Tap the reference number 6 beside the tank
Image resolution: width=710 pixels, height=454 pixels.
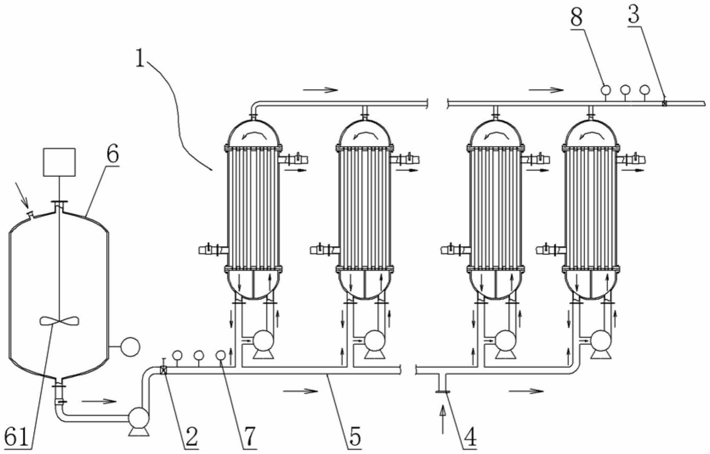pos(112,154)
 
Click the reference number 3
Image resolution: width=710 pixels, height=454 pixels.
pos(634,15)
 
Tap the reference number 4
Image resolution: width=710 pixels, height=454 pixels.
pos(469,437)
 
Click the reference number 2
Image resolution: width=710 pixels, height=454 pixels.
pos(192,437)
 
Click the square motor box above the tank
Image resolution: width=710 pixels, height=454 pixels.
pos(59,162)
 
